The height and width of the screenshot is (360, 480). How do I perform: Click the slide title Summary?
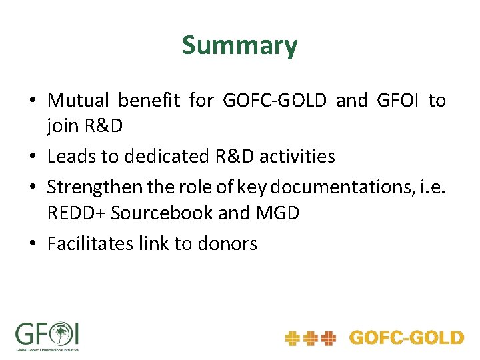[x=239, y=46]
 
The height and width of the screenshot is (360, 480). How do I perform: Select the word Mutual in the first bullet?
[x=77, y=101]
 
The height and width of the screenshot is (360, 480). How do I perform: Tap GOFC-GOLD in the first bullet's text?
[x=275, y=101]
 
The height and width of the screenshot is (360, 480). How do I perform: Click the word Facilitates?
[x=90, y=243]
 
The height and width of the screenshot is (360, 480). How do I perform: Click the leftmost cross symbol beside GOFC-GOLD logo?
[x=292, y=339]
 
